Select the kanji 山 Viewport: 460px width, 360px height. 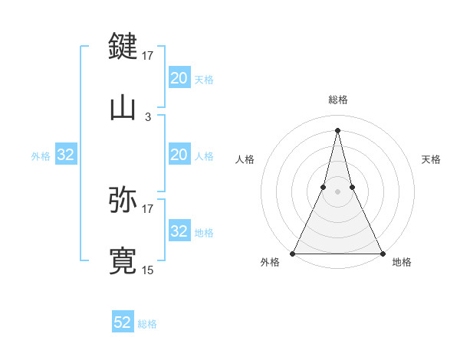click(x=123, y=107)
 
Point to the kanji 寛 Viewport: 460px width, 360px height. click(x=123, y=260)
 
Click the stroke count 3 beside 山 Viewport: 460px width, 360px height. click(x=148, y=116)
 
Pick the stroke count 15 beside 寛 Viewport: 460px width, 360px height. click(x=148, y=270)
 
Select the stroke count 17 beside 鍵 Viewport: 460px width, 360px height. click(x=148, y=55)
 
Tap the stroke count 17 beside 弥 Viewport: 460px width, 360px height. click(x=148, y=208)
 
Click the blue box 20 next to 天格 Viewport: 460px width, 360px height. click(x=179, y=78)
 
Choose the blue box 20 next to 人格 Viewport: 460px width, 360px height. click(x=179, y=155)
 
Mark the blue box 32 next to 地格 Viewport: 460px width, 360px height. click(x=179, y=231)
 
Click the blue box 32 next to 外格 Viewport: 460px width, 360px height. click(x=66, y=155)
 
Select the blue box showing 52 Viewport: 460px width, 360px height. click(x=123, y=322)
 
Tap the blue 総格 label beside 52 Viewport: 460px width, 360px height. click(x=147, y=324)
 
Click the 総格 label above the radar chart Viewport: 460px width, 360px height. click(x=338, y=100)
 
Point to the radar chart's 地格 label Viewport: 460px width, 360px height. click(x=402, y=263)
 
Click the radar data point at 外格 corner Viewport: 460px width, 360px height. click(x=294, y=253)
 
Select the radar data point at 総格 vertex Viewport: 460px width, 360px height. click(x=338, y=129)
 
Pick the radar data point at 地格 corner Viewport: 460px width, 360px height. click(x=382, y=253)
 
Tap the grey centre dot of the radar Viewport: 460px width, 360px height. click(x=338, y=191)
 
